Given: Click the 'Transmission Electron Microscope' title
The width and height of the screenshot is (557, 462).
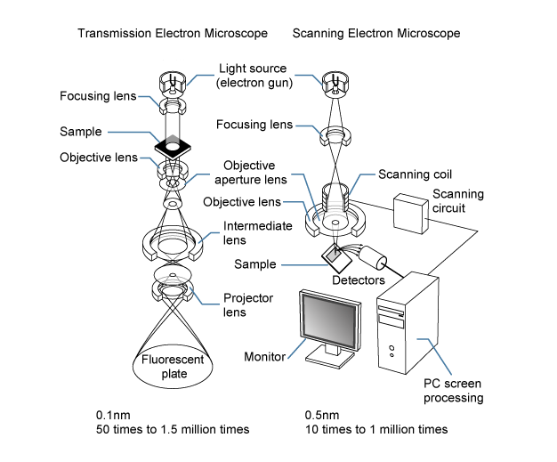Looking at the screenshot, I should (x=173, y=34).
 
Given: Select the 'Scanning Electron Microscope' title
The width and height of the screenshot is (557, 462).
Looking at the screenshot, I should (x=375, y=34).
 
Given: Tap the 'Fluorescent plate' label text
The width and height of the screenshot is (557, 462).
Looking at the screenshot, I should (x=173, y=367).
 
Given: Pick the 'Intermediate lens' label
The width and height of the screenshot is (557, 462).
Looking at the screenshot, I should (x=258, y=233).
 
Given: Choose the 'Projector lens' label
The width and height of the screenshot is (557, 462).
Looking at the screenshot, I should (x=248, y=305).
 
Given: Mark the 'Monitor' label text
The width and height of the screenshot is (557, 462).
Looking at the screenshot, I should (x=264, y=358).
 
